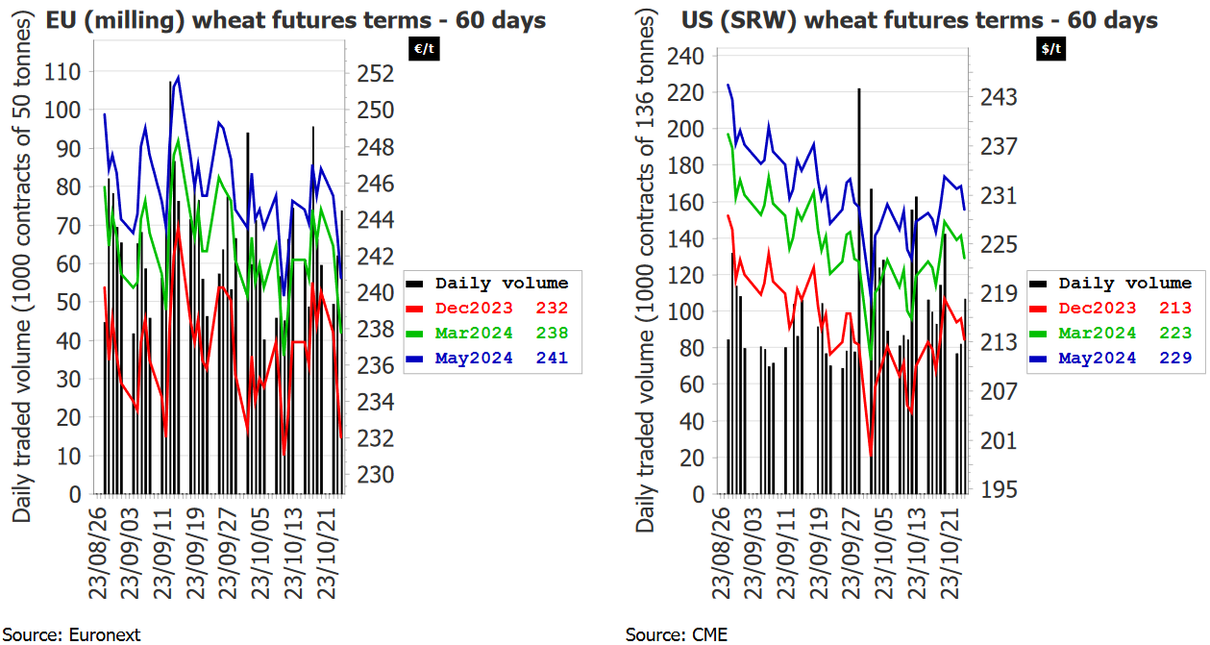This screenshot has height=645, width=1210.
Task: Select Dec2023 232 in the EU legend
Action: (501, 309)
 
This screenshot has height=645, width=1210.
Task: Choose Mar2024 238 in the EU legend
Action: (501, 334)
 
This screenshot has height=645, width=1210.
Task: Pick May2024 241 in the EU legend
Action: (501, 359)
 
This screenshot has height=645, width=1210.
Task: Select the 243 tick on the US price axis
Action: (997, 98)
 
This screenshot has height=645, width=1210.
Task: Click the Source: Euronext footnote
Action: (71, 634)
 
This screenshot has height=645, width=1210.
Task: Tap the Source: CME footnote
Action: (677, 634)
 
